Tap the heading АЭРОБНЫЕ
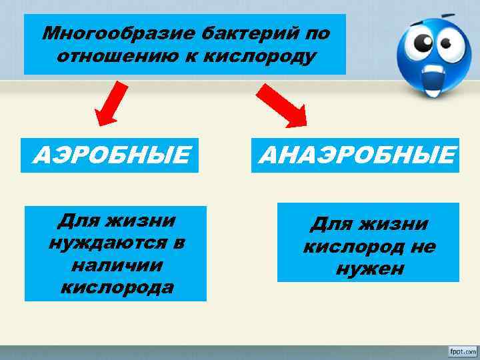point(111,156)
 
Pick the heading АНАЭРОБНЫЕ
point(356,156)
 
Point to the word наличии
point(115,265)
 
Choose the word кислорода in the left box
point(116,287)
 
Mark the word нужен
point(369,269)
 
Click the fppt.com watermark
point(459,350)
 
